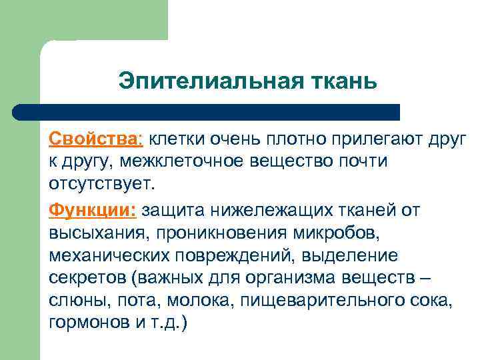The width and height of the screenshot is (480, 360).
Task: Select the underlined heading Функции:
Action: click(x=93, y=211)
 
